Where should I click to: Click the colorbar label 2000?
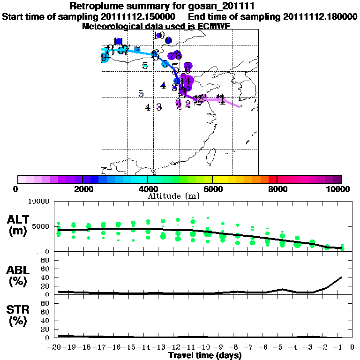tap(82, 189)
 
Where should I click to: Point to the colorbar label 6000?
tap(212, 189)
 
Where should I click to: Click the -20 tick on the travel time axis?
tap(56, 347)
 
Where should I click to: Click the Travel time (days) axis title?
tap(205, 356)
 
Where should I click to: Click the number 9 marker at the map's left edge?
tap(104, 57)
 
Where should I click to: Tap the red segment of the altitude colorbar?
tap(273, 179)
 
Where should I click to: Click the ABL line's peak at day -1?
tap(342, 277)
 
